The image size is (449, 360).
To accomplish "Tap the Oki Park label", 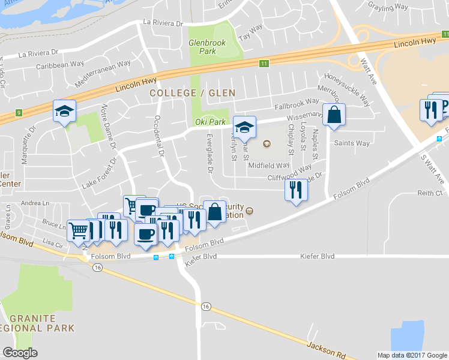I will tap(210, 122).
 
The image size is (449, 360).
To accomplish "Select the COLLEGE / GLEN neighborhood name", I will tap(192, 93).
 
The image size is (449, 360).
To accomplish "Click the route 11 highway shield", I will tap(264, 63).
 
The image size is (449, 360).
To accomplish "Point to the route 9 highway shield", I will tap(19, 112).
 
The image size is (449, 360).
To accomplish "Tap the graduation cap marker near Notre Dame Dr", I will tap(64, 112).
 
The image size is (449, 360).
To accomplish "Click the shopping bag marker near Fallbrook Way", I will tap(334, 115).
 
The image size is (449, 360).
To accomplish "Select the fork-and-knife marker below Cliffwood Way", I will tap(295, 190).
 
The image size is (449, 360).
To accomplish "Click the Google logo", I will tap(20, 353).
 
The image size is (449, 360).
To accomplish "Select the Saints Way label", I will tap(352, 143).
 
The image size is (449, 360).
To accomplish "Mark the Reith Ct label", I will tap(430, 193).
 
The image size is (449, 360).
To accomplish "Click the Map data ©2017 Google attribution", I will tap(411, 355).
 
